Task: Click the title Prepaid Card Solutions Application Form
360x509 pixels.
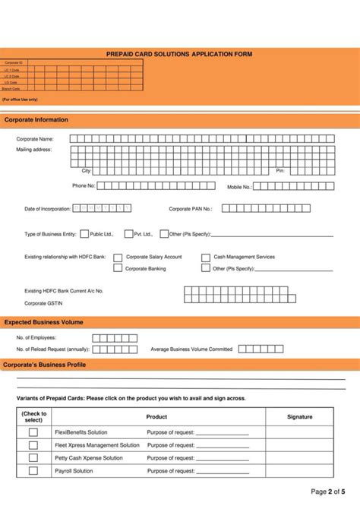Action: [x=179, y=55]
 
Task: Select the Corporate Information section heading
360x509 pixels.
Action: [x=36, y=120]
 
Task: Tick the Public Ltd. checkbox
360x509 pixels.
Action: [x=84, y=234]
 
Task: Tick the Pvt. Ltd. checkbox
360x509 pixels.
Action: [x=128, y=234]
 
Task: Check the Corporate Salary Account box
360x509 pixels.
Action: [x=118, y=258]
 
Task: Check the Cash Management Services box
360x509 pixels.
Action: [x=206, y=258]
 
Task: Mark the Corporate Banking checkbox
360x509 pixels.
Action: [x=118, y=268]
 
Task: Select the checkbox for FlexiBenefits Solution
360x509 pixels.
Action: [x=33, y=432]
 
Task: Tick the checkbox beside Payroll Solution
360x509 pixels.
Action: [x=33, y=471]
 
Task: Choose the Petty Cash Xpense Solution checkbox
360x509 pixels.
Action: [x=33, y=458]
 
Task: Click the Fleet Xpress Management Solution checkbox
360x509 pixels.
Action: [x=33, y=445]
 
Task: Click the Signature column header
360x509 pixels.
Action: [x=300, y=417]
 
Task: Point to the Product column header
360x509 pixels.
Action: [x=156, y=417]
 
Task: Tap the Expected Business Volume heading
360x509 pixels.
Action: [x=44, y=322]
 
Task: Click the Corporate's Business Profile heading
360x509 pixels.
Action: [x=46, y=365]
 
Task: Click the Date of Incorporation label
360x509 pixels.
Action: [x=47, y=208]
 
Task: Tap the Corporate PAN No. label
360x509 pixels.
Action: [x=191, y=208]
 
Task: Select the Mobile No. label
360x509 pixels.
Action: [x=239, y=186]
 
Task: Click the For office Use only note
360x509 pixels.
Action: [x=20, y=100]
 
